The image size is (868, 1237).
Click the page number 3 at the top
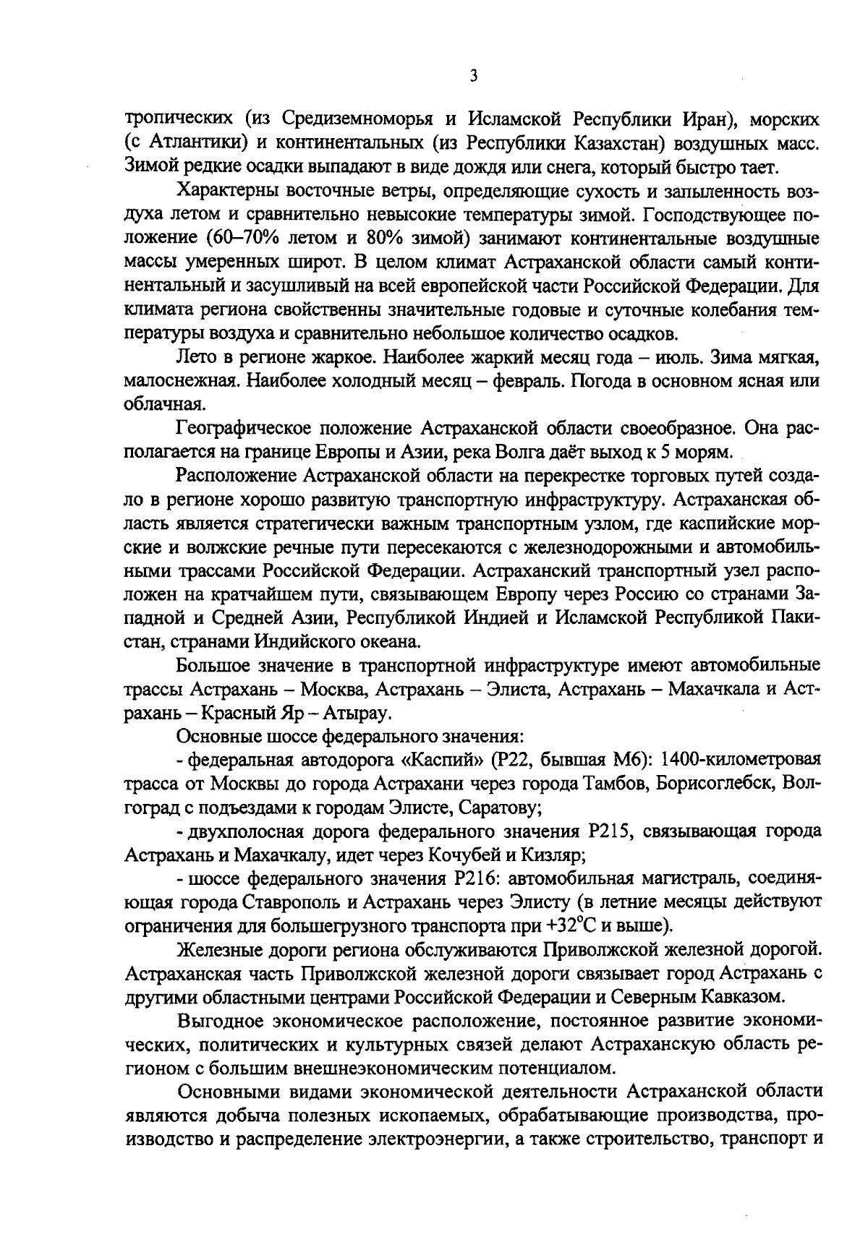coord(472,75)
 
